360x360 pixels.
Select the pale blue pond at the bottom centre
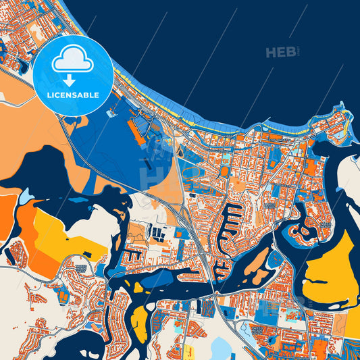(x=221, y=349)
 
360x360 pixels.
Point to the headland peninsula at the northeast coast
(x=331, y=122)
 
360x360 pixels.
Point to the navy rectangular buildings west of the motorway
(x=160, y=234)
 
